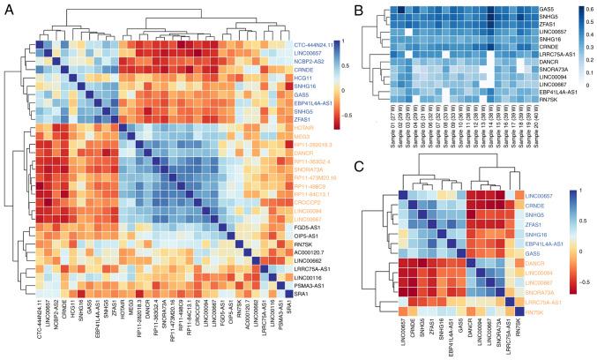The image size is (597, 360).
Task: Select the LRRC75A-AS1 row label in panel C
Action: coord(537,301)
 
